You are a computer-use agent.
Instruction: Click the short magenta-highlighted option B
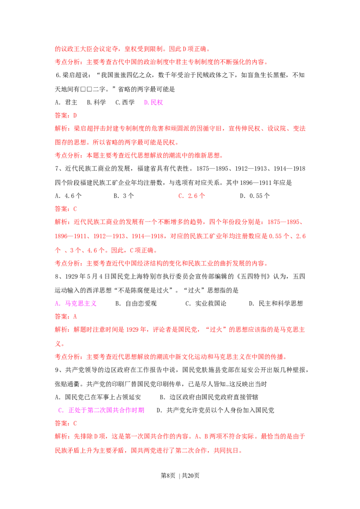click(154, 103)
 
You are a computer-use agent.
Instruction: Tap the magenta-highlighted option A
click(76, 304)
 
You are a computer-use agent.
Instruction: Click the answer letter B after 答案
click(75, 116)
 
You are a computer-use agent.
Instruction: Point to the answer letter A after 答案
click(75, 317)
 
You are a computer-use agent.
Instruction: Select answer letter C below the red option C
click(75, 209)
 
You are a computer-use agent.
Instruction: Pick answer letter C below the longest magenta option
click(75, 424)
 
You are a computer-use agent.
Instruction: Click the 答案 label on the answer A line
click(61, 317)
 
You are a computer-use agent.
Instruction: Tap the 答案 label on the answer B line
click(61, 116)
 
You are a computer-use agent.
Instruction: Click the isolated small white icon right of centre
click(227, 385)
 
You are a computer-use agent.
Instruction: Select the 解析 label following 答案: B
click(61, 129)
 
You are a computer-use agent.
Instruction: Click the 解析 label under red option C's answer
click(61, 222)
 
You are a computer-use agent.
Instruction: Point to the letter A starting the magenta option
click(57, 304)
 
